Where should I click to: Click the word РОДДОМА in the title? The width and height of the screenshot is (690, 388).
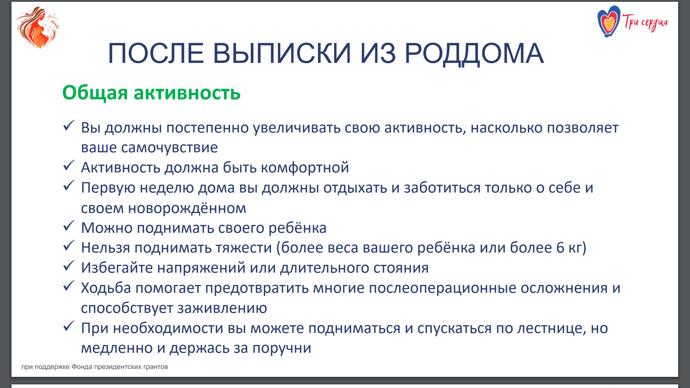pyautogui.click(x=474, y=53)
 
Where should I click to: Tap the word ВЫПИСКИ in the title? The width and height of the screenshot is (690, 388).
pyautogui.click(x=282, y=53)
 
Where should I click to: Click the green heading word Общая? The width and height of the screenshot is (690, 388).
pyautogui.click(x=95, y=93)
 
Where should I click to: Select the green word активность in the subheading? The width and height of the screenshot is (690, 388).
pyautogui.click(x=187, y=93)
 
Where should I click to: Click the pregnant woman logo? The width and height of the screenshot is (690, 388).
pyautogui.click(x=37, y=27)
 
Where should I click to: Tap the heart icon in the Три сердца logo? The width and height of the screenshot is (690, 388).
pyautogui.click(x=608, y=22)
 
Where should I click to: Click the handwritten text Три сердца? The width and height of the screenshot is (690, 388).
pyautogui.click(x=645, y=22)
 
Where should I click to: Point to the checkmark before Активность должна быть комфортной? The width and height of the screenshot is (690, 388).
pyautogui.click(x=68, y=166)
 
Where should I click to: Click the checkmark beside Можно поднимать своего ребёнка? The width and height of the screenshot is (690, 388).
pyautogui.click(x=68, y=226)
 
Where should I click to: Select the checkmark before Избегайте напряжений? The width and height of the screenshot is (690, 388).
pyautogui.click(x=68, y=266)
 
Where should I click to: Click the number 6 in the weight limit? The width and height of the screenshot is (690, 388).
pyautogui.click(x=560, y=248)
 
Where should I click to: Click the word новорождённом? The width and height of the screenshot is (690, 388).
pyautogui.click(x=187, y=208)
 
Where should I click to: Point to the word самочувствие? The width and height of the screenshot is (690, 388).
pyautogui.click(x=169, y=148)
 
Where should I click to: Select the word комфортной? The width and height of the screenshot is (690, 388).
pyautogui.click(x=305, y=168)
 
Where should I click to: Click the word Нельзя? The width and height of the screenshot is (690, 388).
pyautogui.click(x=106, y=248)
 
